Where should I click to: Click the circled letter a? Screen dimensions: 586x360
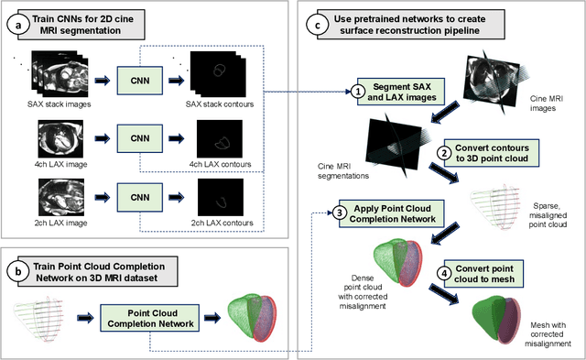coord(18,26)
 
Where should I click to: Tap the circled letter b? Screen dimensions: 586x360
coord(18,272)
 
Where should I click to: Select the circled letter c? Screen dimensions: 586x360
coord(318,25)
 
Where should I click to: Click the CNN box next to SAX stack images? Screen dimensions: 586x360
coord(140,81)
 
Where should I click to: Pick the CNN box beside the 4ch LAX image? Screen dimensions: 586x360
coord(140,138)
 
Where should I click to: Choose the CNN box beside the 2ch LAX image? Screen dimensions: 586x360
coord(140,197)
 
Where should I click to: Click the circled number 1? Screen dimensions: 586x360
coord(358,92)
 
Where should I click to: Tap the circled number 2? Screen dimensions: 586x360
coord(444,153)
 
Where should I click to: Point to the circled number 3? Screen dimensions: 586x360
coord(340,213)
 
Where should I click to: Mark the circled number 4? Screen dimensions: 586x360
coord(444,274)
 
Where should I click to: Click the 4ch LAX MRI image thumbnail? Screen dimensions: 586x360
coord(60,138)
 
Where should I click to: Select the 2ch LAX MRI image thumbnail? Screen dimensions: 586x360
coord(61,197)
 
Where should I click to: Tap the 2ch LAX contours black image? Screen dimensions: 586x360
coord(221,197)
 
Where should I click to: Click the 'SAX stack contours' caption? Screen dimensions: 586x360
coord(220,104)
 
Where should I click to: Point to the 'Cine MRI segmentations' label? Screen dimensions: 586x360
coord(343,171)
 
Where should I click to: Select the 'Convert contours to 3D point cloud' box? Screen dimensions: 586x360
coord(492,153)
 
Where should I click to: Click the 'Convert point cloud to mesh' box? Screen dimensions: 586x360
coord(483,274)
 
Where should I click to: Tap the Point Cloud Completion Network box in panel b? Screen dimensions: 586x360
coord(150,318)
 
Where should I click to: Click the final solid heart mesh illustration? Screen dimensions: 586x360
coord(496,319)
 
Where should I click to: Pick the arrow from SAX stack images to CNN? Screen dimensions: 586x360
coord(102,81)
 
